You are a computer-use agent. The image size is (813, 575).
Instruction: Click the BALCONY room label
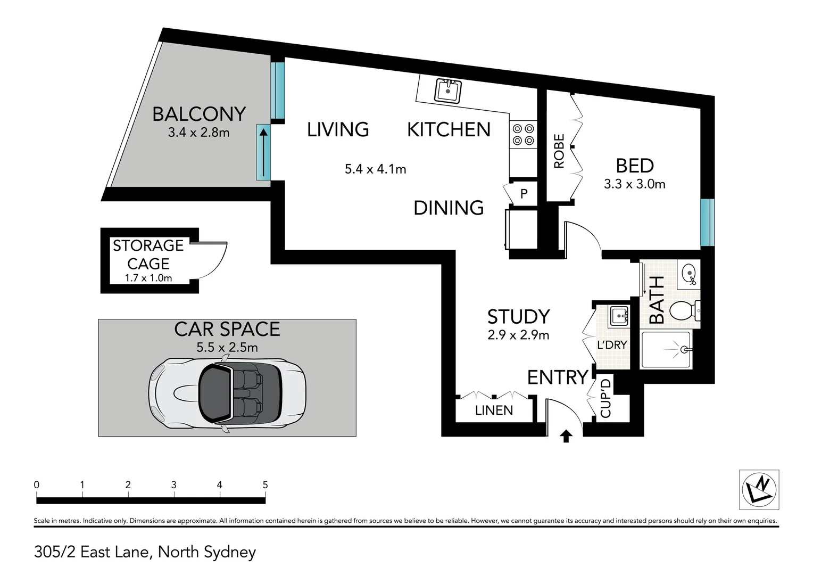(x=199, y=114)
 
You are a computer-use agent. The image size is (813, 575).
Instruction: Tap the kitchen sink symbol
(x=448, y=91)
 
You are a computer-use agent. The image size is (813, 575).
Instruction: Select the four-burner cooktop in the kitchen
(x=523, y=135)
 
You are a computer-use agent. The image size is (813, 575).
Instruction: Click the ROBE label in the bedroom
(x=559, y=151)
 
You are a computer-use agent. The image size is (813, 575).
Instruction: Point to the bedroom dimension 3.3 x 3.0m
(x=634, y=184)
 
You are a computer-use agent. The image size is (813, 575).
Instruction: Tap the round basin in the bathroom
(x=689, y=274)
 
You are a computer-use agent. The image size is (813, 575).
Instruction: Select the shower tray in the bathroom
(x=666, y=350)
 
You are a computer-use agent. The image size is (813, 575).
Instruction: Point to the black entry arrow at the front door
(x=566, y=436)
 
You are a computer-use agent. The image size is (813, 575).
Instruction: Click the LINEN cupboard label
(x=494, y=410)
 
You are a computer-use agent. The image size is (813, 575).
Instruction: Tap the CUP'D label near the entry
(x=606, y=398)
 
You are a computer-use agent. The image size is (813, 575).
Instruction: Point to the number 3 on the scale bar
(x=174, y=484)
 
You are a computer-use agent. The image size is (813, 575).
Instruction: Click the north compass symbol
(x=759, y=490)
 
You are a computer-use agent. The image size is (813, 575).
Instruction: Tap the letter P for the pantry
(x=524, y=194)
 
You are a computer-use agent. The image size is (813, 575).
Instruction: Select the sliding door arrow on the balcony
(x=263, y=153)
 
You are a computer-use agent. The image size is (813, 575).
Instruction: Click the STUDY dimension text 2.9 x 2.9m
(x=518, y=335)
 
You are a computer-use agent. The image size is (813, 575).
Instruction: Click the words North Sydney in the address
(x=207, y=552)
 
